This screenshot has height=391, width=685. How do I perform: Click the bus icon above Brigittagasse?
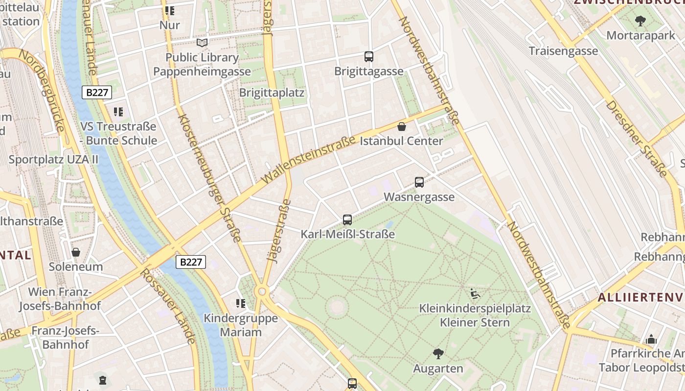click(369, 57)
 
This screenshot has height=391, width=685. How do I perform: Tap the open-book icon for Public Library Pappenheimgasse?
click(202, 43)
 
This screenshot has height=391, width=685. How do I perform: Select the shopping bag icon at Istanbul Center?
click(402, 127)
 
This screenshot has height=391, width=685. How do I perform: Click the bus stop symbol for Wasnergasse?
click(419, 182)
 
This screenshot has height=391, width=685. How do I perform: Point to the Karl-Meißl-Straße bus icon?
click(347, 220)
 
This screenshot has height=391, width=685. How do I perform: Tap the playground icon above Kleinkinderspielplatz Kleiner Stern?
click(475, 293)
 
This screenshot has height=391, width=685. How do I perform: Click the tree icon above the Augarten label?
click(438, 353)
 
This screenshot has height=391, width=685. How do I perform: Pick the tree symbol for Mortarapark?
click(640, 21)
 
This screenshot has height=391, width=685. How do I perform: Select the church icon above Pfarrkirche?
click(651, 339)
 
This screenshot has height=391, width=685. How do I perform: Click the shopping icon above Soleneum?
click(76, 252)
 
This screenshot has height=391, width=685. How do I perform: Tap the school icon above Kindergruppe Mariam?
click(240, 304)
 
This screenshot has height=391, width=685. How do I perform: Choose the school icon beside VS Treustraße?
click(118, 112)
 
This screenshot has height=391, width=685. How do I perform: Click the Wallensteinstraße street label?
click(309, 160)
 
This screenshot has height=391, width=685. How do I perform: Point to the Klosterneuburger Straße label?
click(209, 178)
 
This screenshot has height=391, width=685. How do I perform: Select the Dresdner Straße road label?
click(636, 139)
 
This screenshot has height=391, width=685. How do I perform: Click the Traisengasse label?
click(563, 51)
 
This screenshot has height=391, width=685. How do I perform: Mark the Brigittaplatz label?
click(272, 92)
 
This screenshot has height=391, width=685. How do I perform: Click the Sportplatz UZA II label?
click(53, 159)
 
